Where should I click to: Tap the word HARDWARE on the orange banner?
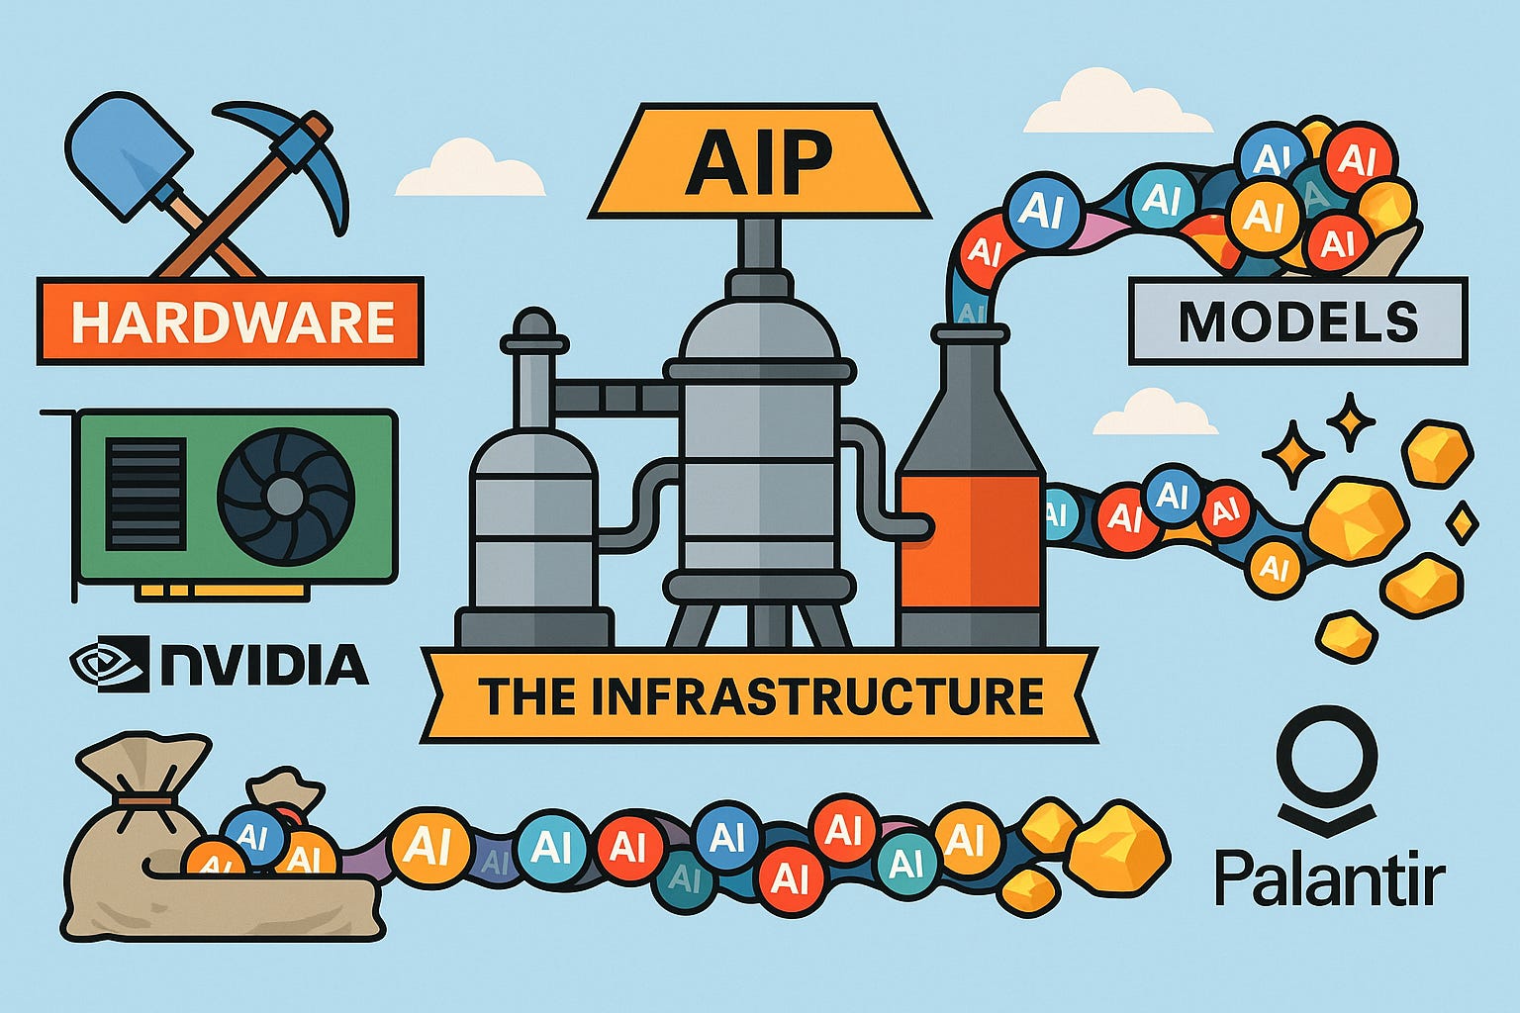click(232, 322)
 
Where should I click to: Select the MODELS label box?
click(1297, 322)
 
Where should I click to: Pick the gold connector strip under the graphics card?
click(223, 591)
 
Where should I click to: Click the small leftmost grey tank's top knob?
click(532, 324)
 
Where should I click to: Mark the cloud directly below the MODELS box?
click(1155, 412)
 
